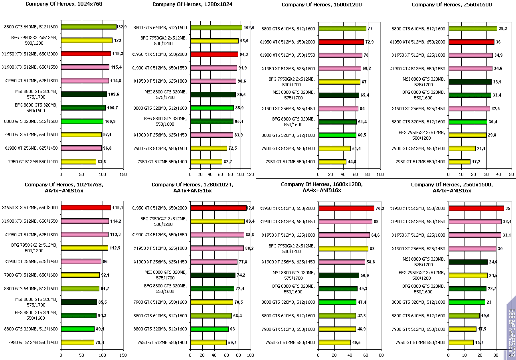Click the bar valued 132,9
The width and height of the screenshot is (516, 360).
[x=89, y=27]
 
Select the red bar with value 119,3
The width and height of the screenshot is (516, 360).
[x=86, y=53]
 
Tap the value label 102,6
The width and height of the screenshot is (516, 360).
[x=249, y=28]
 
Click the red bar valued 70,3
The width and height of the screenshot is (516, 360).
[x=346, y=208]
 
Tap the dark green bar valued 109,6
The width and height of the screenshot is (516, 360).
[x=84, y=94]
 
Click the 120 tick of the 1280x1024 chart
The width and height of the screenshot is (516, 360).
[x=251, y=174]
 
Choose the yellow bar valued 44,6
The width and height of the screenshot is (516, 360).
[x=332, y=162]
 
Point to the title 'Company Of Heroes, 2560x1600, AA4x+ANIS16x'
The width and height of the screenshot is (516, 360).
[x=452, y=188]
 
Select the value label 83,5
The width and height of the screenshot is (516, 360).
[x=103, y=162]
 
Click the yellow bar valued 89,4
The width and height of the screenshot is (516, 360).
[x=217, y=221]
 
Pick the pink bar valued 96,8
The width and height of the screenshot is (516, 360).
[x=81, y=148]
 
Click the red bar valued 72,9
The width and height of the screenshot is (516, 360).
[x=341, y=42]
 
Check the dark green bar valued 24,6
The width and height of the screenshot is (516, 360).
[x=468, y=262]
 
